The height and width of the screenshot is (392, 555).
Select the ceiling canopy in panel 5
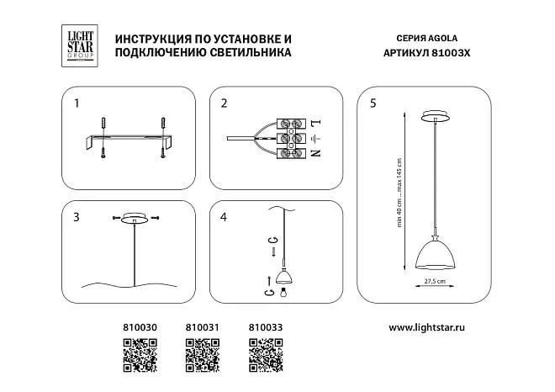pyautogui.click(x=435, y=115)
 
